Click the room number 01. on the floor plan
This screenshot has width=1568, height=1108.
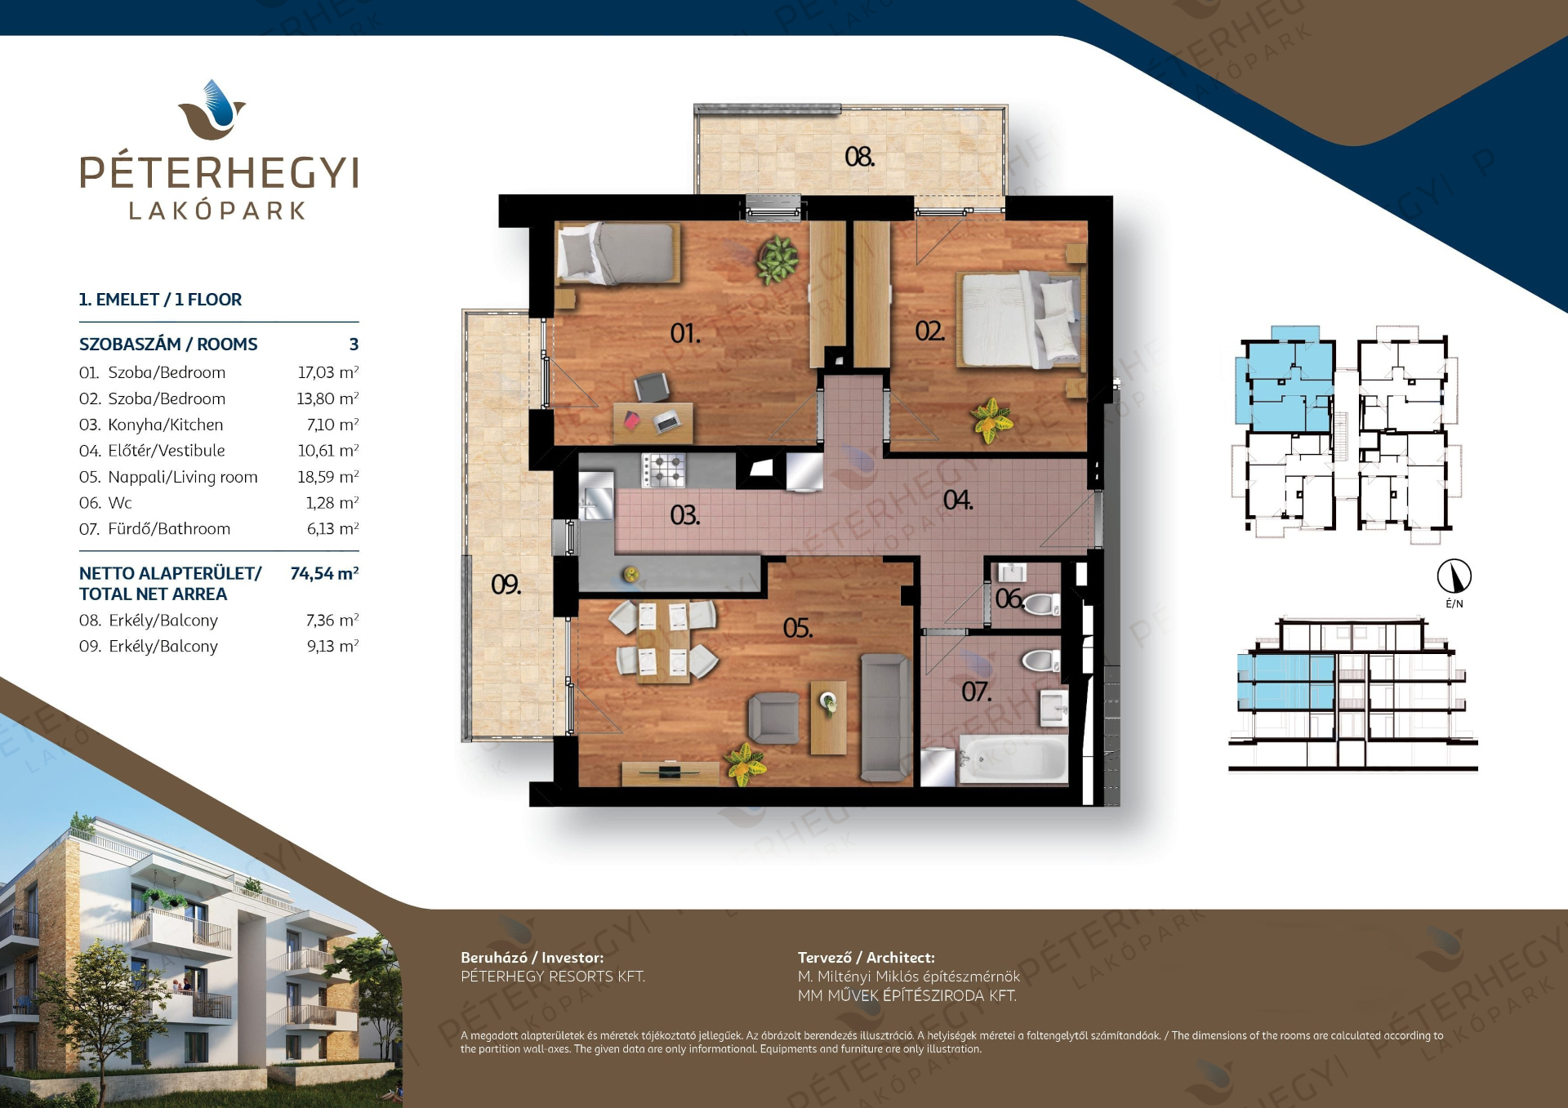685,333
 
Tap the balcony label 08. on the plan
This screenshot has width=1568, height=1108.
860,156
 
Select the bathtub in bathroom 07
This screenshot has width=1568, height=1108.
1013,759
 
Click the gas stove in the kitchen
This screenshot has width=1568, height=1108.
663,470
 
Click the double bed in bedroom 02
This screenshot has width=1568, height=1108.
1021,319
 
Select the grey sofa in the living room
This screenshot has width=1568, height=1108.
885,717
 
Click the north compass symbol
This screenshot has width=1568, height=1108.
1454,576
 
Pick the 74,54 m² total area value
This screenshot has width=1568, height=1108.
324,573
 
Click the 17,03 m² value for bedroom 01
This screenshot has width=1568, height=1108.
327,372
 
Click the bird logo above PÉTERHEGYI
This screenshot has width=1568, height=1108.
212,109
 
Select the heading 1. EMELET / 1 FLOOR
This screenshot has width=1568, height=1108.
160,300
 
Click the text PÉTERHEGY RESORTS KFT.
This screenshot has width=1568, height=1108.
553,977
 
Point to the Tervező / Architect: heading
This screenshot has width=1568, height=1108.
866,958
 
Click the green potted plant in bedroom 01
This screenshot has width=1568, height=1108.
777,260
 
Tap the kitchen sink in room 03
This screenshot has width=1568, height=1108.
596,496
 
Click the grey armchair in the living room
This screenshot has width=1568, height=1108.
774,718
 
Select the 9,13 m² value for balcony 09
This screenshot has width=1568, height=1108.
332,646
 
